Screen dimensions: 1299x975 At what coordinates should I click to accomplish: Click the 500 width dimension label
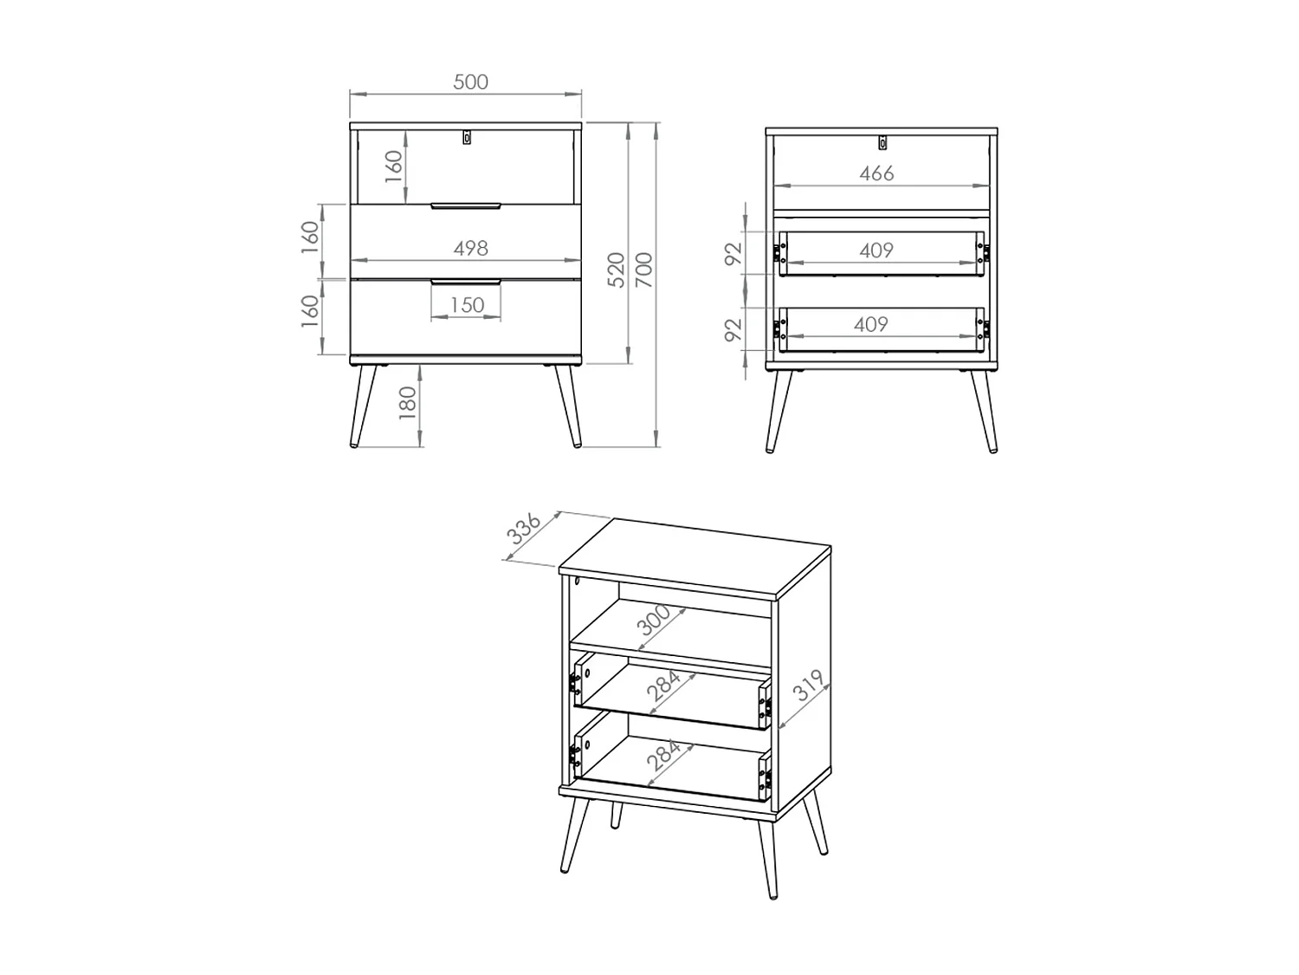[470, 81]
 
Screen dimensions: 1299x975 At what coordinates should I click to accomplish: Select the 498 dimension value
[470, 248]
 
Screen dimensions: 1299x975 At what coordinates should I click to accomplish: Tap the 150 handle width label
[467, 305]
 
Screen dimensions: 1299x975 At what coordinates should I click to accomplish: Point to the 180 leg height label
[408, 403]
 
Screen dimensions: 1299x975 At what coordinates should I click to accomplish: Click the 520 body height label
[617, 270]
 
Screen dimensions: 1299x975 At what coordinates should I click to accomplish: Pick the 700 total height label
[644, 270]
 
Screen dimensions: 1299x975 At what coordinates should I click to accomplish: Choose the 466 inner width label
[876, 173]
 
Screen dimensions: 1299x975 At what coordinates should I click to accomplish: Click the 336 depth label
[524, 529]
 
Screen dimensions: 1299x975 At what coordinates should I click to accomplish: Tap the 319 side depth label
[808, 685]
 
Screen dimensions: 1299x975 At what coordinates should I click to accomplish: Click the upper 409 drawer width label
[876, 250]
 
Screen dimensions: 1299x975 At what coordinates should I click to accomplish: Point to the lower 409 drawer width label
[870, 324]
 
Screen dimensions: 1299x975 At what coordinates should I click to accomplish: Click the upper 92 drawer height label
[734, 253]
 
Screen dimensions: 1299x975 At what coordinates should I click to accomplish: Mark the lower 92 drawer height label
[734, 329]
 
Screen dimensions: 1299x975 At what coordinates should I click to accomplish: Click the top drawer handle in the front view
[466, 206]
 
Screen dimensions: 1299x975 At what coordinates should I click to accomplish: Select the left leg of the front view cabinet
[363, 406]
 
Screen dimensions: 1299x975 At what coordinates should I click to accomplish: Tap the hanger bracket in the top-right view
[882, 143]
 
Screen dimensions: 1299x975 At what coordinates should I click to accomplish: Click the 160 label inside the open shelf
[393, 166]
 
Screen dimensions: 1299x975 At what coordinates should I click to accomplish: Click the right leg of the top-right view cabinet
[984, 412]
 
